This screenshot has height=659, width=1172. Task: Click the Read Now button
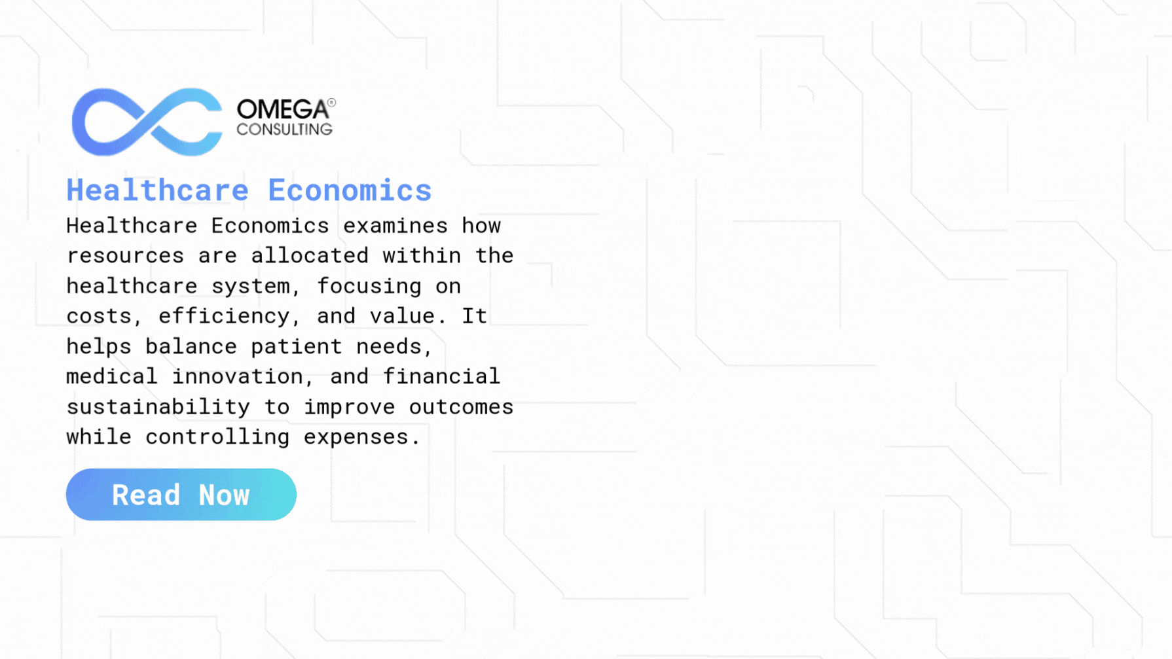click(181, 495)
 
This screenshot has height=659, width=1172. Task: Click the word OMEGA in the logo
click(282, 110)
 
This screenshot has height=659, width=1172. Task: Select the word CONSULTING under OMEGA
click(285, 130)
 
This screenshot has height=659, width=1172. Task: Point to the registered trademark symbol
click(332, 102)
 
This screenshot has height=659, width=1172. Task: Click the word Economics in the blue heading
click(350, 190)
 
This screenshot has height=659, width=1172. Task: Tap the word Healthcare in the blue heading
click(158, 190)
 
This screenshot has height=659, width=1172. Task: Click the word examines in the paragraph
click(395, 226)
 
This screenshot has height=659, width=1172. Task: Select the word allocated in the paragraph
click(310, 256)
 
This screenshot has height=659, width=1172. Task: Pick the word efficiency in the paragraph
click(224, 317)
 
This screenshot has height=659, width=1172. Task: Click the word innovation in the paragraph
click(237, 377)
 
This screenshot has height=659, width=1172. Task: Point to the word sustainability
click(158, 407)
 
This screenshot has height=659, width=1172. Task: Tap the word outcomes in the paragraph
click(461, 407)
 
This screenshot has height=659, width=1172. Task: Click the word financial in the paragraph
click(441, 377)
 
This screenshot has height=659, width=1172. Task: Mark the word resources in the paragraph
click(125, 256)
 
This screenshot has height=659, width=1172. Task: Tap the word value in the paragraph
click(402, 316)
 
